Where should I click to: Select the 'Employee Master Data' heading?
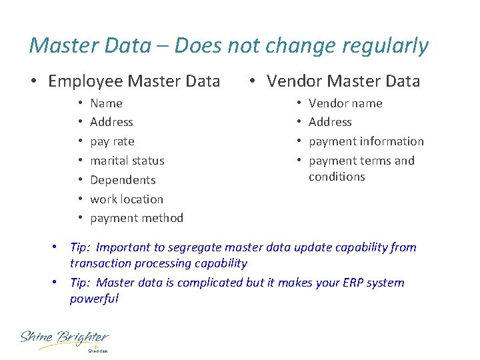[x=134, y=81]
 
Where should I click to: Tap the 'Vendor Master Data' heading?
[x=343, y=81]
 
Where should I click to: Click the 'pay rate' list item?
[x=112, y=141]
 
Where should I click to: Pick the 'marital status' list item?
[x=127, y=161]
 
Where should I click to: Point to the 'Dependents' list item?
[x=123, y=180]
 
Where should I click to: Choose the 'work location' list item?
[x=127, y=199]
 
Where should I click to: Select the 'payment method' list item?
[x=137, y=218]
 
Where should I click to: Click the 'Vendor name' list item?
[x=345, y=103]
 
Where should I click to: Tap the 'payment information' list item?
[x=366, y=141]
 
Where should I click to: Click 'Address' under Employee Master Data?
[x=111, y=122]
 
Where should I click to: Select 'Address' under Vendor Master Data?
[x=330, y=122]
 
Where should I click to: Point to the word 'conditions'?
[x=337, y=177]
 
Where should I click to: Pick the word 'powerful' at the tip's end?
[x=94, y=299]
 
